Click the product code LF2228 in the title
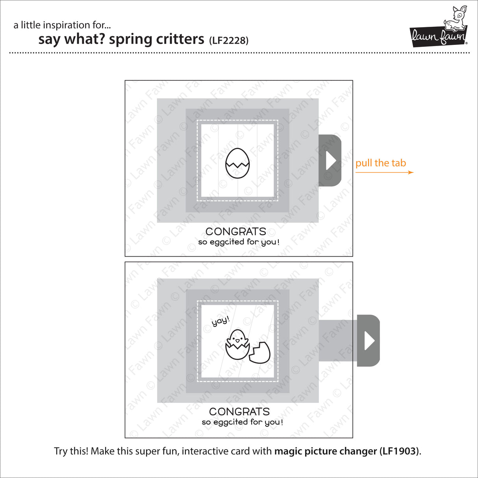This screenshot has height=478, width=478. [x=229, y=41]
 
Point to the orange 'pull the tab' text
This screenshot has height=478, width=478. [x=380, y=163]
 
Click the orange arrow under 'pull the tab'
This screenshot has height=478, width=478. [x=384, y=172]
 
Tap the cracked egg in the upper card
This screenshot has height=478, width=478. [x=237, y=163]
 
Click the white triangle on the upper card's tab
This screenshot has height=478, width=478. [x=331, y=161]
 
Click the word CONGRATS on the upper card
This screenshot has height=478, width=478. [x=235, y=232]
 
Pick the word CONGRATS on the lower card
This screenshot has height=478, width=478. [x=239, y=412]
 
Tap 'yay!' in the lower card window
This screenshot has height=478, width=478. [x=221, y=322]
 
